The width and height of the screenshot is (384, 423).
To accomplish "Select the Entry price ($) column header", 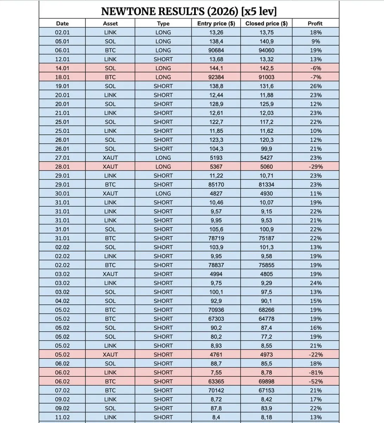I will click(216, 24).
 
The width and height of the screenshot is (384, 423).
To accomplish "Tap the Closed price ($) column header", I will click(266, 24).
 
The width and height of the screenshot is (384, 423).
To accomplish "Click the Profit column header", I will click(315, 24).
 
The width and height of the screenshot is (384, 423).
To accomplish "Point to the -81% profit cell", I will click(316, 373).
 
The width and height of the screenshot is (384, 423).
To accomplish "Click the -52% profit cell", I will click(316, 381).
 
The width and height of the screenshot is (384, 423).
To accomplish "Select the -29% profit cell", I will click(316, 167).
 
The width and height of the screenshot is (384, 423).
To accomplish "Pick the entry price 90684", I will click(216, 50).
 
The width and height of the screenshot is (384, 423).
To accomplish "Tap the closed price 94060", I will click(266, 50).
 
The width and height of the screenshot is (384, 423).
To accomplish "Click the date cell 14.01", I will click(62, 68).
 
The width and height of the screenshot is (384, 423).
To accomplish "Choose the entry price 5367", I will click(216, 167).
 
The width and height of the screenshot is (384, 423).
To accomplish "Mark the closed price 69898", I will click(266, 381).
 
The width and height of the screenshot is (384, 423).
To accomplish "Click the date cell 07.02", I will click(62, 391).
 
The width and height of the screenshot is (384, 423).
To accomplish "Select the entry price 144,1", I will click(216, 68).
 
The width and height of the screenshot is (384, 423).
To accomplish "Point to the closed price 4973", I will click(266, 355).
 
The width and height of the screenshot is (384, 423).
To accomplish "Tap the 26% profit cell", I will click(316, 86).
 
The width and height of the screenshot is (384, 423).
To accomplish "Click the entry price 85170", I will click(216, 185).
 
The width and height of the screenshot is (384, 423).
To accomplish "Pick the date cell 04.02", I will click(62, 301).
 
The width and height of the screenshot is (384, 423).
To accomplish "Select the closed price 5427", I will click(266, 158).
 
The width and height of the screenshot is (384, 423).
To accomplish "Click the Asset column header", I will click(110, 24).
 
